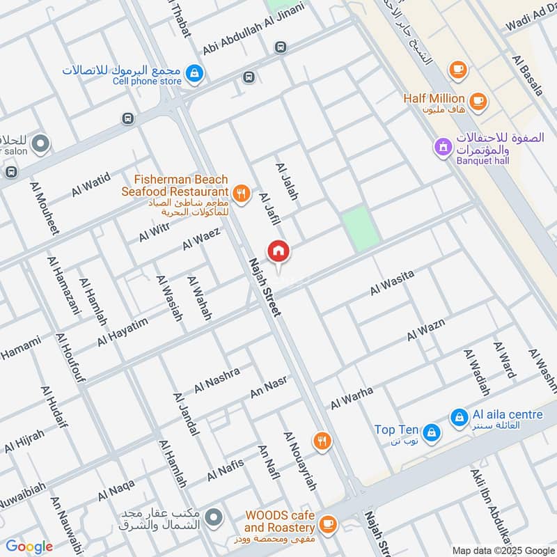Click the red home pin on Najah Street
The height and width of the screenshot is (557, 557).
coord(278,251)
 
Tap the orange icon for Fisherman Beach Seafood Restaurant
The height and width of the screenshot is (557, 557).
coord(242,194)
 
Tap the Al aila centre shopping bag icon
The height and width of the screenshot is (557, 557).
coord(459,417)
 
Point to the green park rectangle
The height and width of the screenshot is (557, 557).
coord(361,228)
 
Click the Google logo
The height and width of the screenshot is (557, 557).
coord(29,547)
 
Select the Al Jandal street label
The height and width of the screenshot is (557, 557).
coord(185,415)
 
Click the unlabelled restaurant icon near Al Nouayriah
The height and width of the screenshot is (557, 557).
coord(321,440)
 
